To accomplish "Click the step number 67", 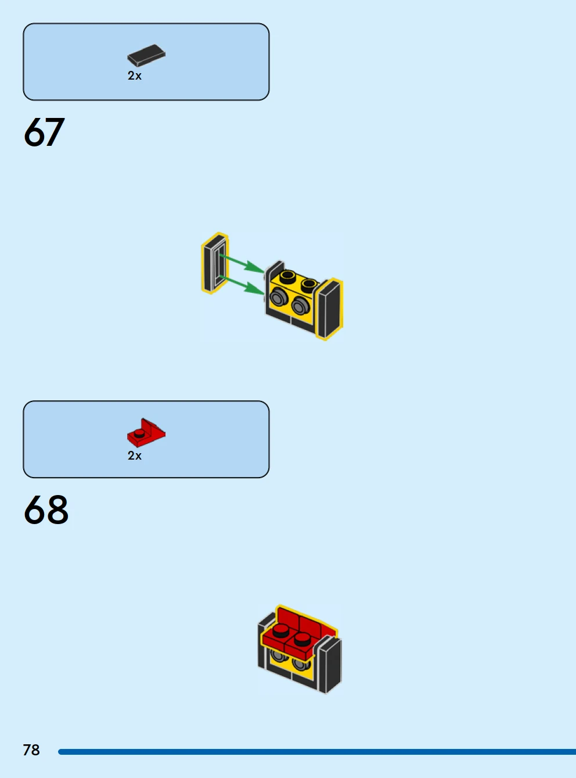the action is coord(44,132).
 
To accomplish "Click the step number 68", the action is coord(46,510).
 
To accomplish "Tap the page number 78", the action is coord(31,750).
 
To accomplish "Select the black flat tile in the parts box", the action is coord(146,55).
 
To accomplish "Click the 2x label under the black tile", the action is coord(135,76).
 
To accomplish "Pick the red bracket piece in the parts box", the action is coord(146,432).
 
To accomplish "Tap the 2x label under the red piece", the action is coord(135,456).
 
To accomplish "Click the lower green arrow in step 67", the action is coord(242,285).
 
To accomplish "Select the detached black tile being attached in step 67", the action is coord(215,263).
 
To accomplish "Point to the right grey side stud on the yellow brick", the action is coord(300,305).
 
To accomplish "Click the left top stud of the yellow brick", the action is coord(287,276).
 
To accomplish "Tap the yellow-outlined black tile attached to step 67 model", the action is coord(329,309).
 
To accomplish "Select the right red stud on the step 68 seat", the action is coord(302,639).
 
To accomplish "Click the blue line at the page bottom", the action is coord(317,751).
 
